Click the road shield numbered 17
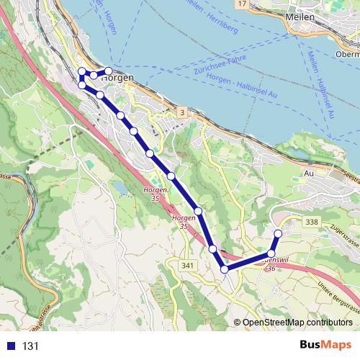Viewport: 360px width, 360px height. click(x=243, y=4)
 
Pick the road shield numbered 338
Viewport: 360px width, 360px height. click(x=311, y=222)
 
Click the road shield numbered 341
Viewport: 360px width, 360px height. click(x=188, y=266)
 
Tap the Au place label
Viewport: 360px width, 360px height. click(x=310, y=173)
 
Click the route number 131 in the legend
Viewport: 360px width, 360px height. click(x=30, y=346)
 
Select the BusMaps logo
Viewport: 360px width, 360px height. click(x=325, y=346)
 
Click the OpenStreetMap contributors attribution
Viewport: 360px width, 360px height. click(x=297, y=323)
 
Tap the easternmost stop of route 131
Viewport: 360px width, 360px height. click(x=278, y=233)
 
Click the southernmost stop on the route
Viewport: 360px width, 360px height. click(x=225, y=269)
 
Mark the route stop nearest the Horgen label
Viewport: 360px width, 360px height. click(x=109, y=71)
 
